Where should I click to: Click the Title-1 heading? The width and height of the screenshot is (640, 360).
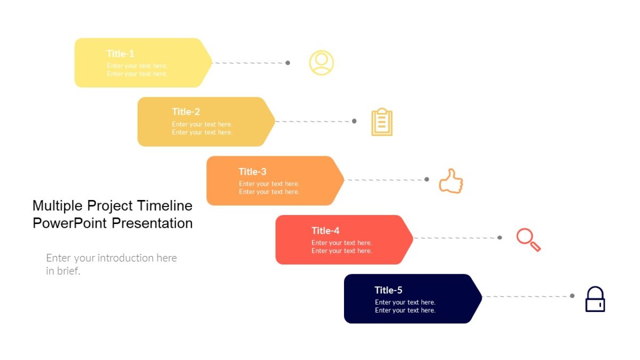coord(120,54)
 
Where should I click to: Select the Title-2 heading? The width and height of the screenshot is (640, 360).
coord(186,112)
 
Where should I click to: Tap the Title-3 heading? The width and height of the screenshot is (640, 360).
coord(252,172)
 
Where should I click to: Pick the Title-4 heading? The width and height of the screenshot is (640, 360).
coord(325,231)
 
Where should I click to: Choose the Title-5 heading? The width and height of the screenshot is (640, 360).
coord(388,290)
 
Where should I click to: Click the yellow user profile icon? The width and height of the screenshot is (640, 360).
coord(321,63)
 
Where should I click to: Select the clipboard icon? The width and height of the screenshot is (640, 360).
coord(381,122)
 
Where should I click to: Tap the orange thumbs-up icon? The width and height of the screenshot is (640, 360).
coord(451,181)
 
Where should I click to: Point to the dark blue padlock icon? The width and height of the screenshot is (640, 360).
coord(595,299)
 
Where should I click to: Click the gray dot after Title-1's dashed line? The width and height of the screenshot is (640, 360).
coord(288,63)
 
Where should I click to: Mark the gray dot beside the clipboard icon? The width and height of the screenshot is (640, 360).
coord(354,121)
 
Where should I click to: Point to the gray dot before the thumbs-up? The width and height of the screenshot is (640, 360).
coord(427,179)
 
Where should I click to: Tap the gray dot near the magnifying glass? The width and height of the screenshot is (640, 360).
coord(500,237)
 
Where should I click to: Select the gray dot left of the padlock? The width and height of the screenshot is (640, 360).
coord(572,295)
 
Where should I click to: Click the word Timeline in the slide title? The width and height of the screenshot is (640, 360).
coord(164,205)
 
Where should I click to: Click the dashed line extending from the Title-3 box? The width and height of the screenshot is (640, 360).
coord(384,180)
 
